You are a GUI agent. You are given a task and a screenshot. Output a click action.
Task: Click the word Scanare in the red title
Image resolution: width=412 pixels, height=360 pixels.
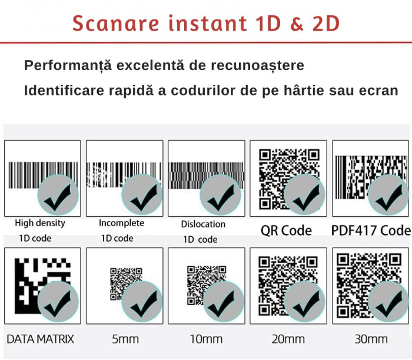[116, 24]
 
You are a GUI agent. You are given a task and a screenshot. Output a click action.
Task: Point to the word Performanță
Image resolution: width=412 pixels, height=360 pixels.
[68, 65]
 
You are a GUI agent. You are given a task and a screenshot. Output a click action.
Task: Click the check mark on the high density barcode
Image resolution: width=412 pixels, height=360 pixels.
[58, 198]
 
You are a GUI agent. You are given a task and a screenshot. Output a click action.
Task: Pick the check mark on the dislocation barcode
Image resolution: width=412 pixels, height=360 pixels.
[221, 198]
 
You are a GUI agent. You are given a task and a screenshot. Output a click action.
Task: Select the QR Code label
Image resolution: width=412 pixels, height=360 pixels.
[286, 230]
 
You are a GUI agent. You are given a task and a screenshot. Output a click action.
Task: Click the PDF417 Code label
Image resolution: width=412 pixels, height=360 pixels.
[371, 230]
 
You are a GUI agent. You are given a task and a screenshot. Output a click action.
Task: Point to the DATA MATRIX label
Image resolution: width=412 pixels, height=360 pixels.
[40, 339]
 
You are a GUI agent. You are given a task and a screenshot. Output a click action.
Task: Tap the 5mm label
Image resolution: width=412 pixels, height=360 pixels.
[125, 339]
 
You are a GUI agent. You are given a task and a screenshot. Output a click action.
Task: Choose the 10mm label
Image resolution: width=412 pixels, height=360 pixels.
[206, 339]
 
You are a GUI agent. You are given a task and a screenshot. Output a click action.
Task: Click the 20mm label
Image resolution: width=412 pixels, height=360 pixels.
[288, 339]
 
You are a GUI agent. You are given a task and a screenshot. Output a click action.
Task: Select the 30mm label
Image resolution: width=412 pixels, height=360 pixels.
[371, 339]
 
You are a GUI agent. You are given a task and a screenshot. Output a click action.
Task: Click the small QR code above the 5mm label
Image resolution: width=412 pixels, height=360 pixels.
[126, 284]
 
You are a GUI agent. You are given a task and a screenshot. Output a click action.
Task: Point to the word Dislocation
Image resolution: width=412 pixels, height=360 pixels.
[203, 224]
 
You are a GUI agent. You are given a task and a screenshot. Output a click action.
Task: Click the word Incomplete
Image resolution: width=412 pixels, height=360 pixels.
[121, 223]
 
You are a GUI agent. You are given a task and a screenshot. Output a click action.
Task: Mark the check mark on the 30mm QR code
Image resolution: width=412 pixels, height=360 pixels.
[389, 304]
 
